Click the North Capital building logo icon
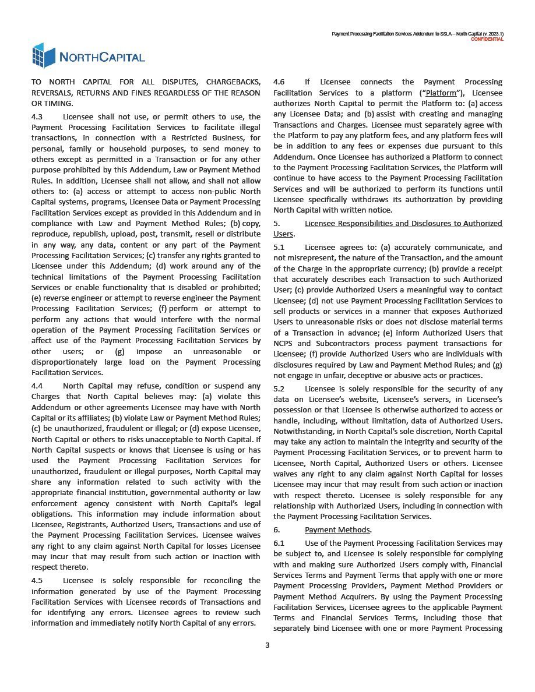pos(44,55)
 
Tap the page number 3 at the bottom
pos(267,645)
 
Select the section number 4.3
pos(38,117)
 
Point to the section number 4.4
pos(38,386)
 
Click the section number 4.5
pos(38,581)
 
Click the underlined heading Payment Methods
pos(337,530)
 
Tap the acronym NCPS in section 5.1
pos(284,344)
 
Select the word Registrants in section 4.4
pos(94,524)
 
